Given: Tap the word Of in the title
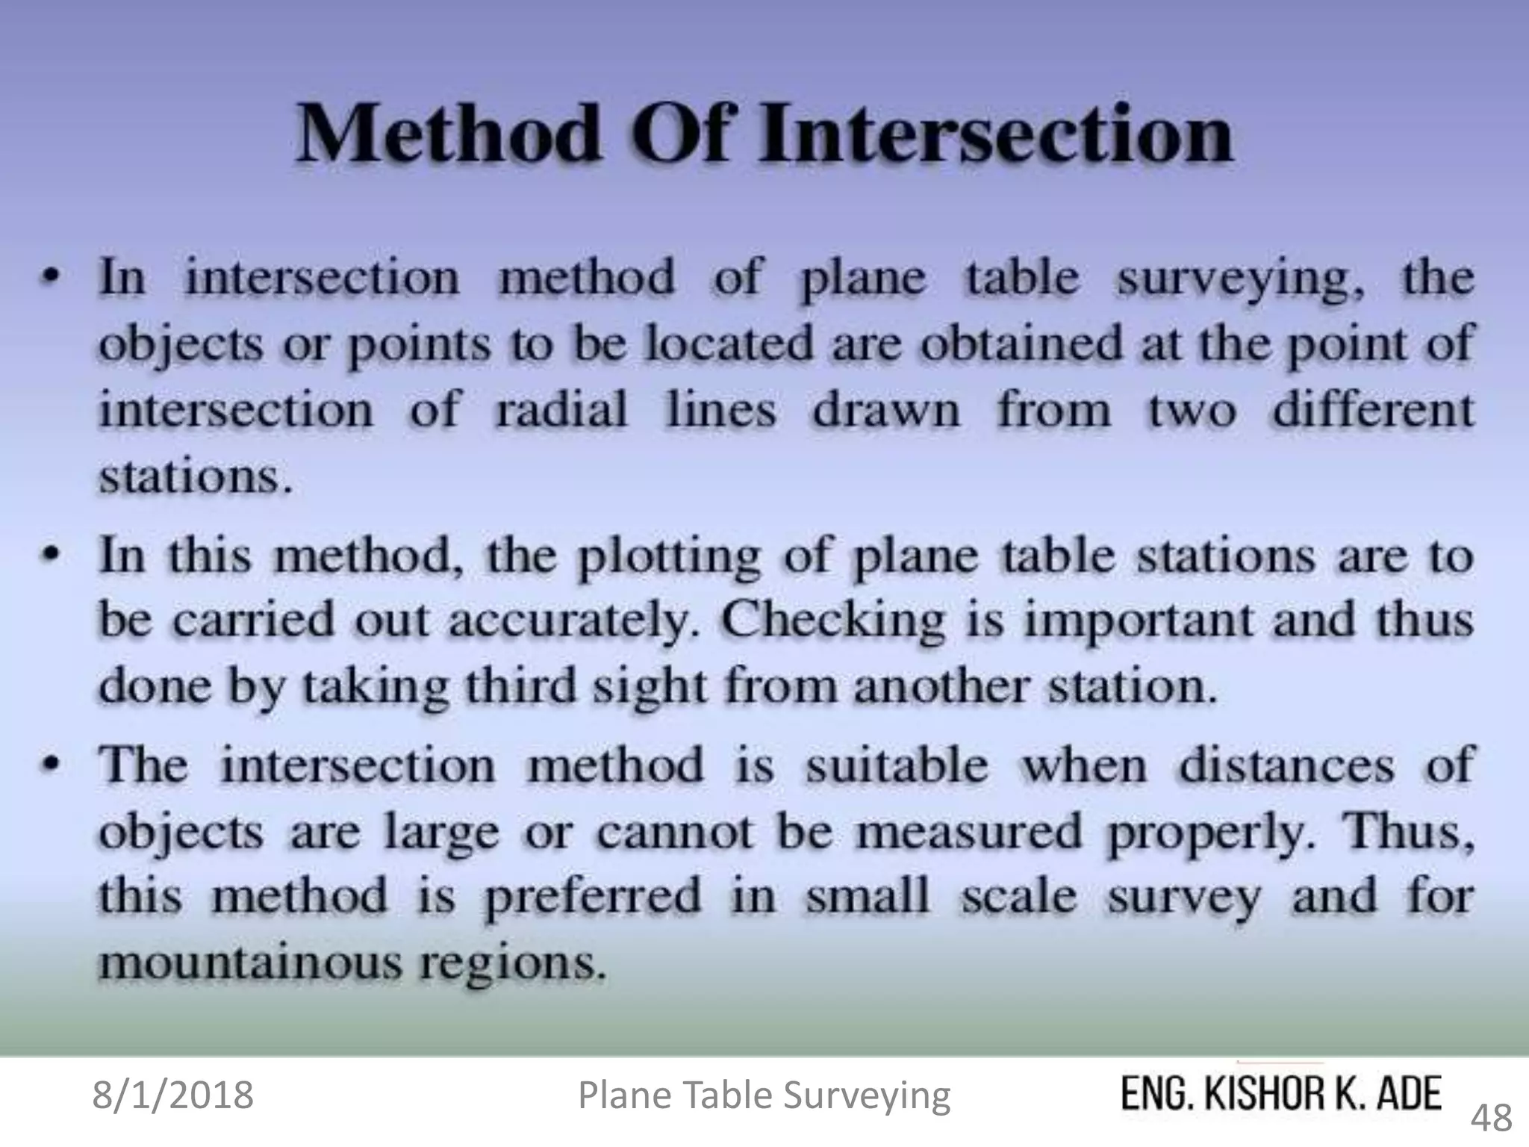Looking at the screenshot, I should (x=679, y=135).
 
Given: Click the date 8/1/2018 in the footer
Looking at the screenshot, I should (x=173, y=1095).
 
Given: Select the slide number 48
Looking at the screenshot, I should (x=1492, y=1118).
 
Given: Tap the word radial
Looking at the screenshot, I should (x=561, y=410).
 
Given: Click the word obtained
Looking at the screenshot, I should (x=1021, y=344).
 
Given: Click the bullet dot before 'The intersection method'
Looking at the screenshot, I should (x=50, y=765).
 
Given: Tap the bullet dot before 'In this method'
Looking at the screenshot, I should (x=50, y=556).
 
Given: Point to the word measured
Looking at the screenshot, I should (x=968, y=831).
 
